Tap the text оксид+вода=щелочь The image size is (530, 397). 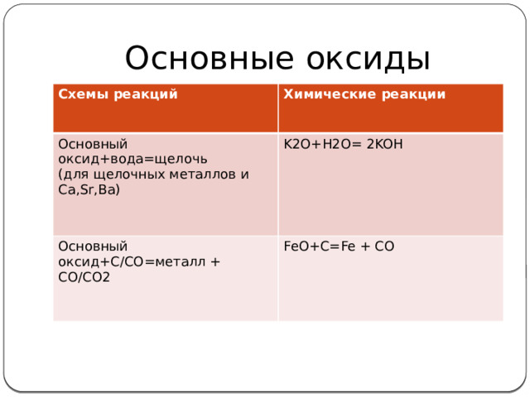click(x=132, y=159)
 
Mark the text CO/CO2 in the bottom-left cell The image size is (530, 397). click(x=85, y=276)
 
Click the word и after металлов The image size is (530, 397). click(x=245, y=175)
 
